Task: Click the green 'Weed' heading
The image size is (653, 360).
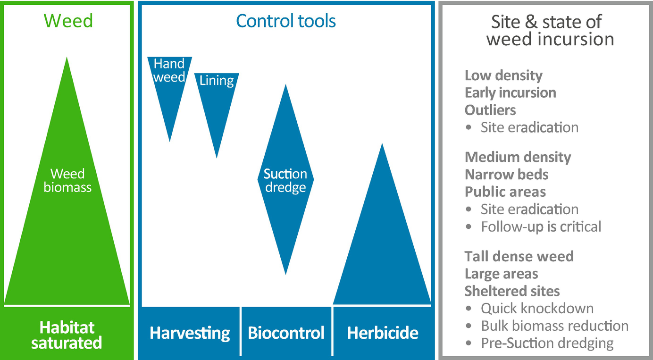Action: click(x=68, y=21)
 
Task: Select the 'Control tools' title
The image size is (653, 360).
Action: click(x=286, y=21)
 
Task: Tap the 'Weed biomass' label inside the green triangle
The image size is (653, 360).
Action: click(x=67, y=180)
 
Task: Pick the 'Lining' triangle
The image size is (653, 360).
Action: click(x=217, y=102)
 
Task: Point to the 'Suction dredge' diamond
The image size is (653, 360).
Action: click(x=286, y=180)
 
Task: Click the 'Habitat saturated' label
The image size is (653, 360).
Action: click(x=67, y=335)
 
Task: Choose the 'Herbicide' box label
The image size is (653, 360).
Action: click(x=383, y=333)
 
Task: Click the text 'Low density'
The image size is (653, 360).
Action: click(x=503, y=75)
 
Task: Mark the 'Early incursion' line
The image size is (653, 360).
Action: click(x=511, y=92)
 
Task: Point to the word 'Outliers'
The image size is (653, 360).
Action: click(x=490, y=110)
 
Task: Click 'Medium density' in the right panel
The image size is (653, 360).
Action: click(x=518, y=157)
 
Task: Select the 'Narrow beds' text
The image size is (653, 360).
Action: click(x=507, y=175)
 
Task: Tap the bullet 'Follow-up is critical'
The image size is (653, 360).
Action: click(x=534, y=227)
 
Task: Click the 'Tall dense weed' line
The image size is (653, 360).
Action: click(x=519, y=257)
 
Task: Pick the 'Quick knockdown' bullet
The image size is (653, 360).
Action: click(x=530, y=309)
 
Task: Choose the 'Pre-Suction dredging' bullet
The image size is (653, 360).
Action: click(x=540, y=343)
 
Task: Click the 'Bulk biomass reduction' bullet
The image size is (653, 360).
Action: click(x=547, y=326)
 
